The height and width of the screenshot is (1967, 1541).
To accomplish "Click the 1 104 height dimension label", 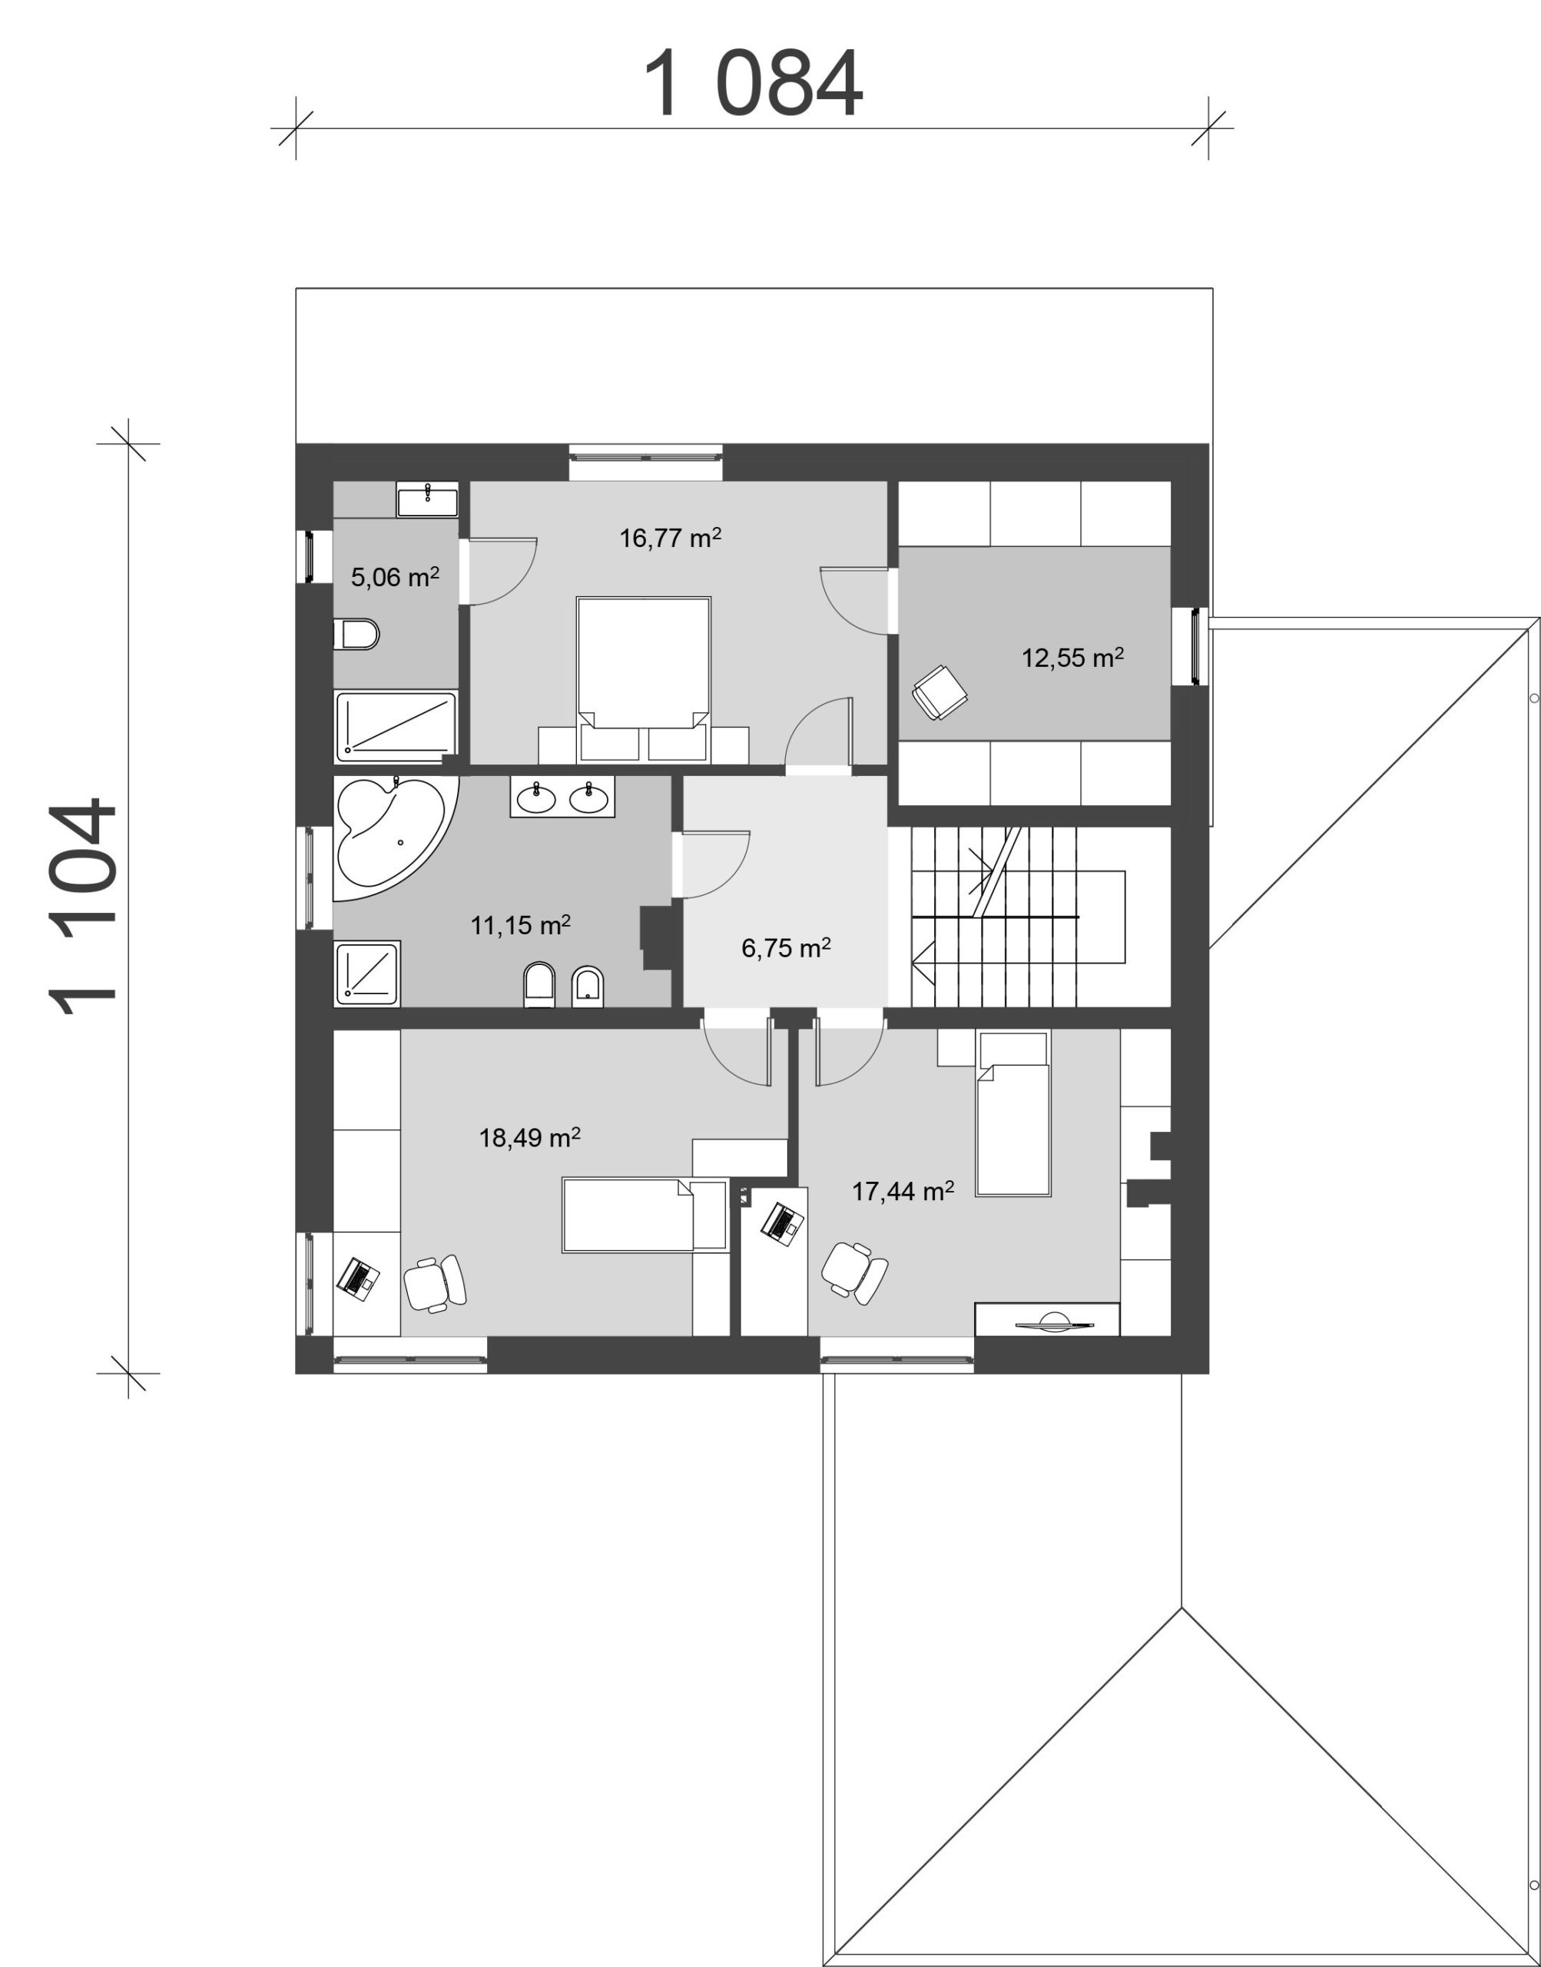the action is [83, 907].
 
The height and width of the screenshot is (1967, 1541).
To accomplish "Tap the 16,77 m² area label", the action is [671, 539].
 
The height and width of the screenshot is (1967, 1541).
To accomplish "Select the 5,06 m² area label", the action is [395, 578].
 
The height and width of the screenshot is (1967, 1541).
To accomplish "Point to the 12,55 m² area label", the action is [1072, 658].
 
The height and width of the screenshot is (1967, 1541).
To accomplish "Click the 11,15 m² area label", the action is [521, 925].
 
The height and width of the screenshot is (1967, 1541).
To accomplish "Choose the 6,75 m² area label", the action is [786, 948].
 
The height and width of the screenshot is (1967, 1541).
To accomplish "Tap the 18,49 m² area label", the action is [529, 1138].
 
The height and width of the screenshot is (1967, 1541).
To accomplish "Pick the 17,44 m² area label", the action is [903, 1192].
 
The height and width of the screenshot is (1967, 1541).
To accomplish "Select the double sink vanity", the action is [562, 797].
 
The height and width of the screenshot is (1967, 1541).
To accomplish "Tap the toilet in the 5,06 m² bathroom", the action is [356, 635].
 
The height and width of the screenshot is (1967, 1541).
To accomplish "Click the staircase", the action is [1018, 916].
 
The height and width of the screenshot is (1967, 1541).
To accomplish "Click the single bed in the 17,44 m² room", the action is [1013, 1114].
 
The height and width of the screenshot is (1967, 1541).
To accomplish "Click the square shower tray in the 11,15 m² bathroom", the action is [367, 974].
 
